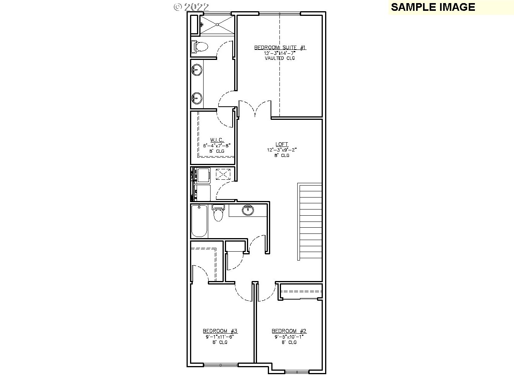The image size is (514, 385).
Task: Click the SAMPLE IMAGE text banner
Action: pos(433,7)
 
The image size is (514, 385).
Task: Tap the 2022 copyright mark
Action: pos(191,7)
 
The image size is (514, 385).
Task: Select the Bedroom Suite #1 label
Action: pos(280,48)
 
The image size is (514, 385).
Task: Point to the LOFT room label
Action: pos(282,144)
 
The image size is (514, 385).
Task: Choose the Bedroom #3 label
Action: pos(220,331)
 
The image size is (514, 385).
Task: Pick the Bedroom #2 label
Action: pos(289,331)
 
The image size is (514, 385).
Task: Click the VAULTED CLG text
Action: pos(280,58)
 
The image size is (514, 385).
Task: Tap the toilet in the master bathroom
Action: pos(199,47)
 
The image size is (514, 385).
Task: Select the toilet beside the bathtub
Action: pos(218,214)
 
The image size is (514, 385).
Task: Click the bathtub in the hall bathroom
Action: pos(199,221)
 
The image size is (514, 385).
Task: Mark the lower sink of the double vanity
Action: pos(197,98)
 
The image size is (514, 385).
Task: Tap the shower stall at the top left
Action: pos(217,24)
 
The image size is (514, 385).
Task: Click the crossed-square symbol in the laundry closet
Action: pos(223,174)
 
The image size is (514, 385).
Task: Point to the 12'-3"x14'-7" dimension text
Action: pos(280,53)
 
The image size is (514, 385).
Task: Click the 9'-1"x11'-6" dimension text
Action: pos(220,337)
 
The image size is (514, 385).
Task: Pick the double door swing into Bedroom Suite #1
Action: pos(255,109)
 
